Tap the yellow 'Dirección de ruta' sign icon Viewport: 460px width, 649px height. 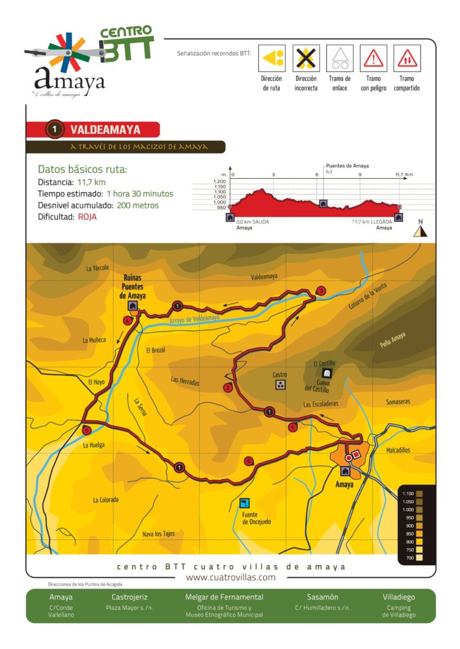(272, 58)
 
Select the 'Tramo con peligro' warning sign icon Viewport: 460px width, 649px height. (373, 58)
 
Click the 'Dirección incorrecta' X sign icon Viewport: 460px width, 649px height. (306, 58)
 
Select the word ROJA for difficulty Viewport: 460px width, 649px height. (88, 217)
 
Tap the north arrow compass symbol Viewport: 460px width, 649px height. (419, 231)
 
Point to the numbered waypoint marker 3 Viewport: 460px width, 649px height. (321, 291)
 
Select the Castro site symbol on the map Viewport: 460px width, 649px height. (280, 384)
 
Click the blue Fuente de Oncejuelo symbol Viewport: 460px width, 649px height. (244, 503)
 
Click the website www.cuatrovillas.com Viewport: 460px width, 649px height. (230, 577)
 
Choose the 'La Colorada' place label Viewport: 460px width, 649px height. (105, 500)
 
